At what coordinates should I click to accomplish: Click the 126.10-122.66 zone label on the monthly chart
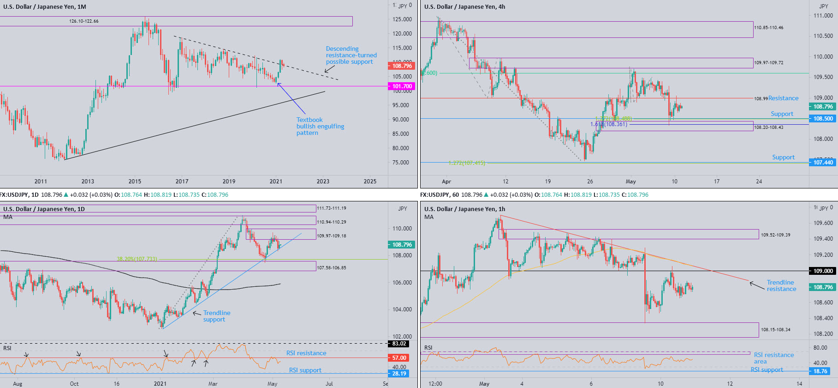click(x=83, y=21)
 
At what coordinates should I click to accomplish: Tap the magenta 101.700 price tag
click(x=402, y=86)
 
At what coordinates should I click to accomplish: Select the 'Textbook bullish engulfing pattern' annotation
click(x=320, y=126)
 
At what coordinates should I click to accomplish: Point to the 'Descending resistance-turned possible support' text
click(x=351, y=55)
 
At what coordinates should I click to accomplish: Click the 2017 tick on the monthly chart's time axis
click(x=182, y=182)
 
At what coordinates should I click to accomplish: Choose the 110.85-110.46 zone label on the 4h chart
click(x=768, y=28)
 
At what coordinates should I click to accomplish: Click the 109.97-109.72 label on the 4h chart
click(x=768, y=63)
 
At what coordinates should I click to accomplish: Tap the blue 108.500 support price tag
click(x=823, y=119)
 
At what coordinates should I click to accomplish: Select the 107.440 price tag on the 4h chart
click(x=823, y=163)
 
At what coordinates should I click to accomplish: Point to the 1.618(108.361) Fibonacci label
click(x=608, y=124)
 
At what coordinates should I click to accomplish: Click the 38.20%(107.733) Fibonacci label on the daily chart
click(x=137, y=259)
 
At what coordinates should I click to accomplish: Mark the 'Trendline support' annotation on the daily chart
click(x=216, y=316)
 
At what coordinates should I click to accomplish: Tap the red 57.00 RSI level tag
click(x=399, y=358)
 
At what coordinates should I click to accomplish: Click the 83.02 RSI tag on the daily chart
click(x=399, y=344)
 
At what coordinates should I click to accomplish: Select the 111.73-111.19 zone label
click(x=331, y=208)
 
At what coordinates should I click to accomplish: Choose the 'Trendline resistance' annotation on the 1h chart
click(x=781, y=285)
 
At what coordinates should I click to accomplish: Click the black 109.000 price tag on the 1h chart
click(x=823, y=271)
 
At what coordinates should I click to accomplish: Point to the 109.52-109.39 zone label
click(x=775, y=235)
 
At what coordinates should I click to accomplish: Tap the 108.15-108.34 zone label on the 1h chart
click(x=775, y=330)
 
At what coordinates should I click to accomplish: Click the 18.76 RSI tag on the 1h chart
click(x=820, y=371)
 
